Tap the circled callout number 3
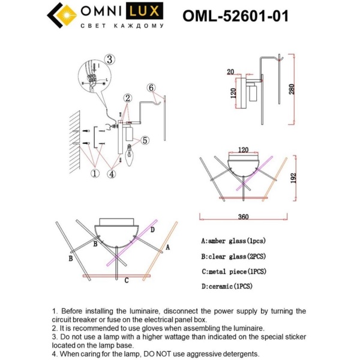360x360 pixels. click(x=109, y=59)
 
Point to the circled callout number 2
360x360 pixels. click(x=127, y=98)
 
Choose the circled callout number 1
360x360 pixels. click(x=94, y=174)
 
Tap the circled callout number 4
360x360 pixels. click(x=112, y=174)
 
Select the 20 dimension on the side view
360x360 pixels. click(x=230, y=71)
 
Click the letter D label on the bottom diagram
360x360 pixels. click(x=153, y=230)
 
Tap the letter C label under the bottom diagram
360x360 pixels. click(x=125, y=280)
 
